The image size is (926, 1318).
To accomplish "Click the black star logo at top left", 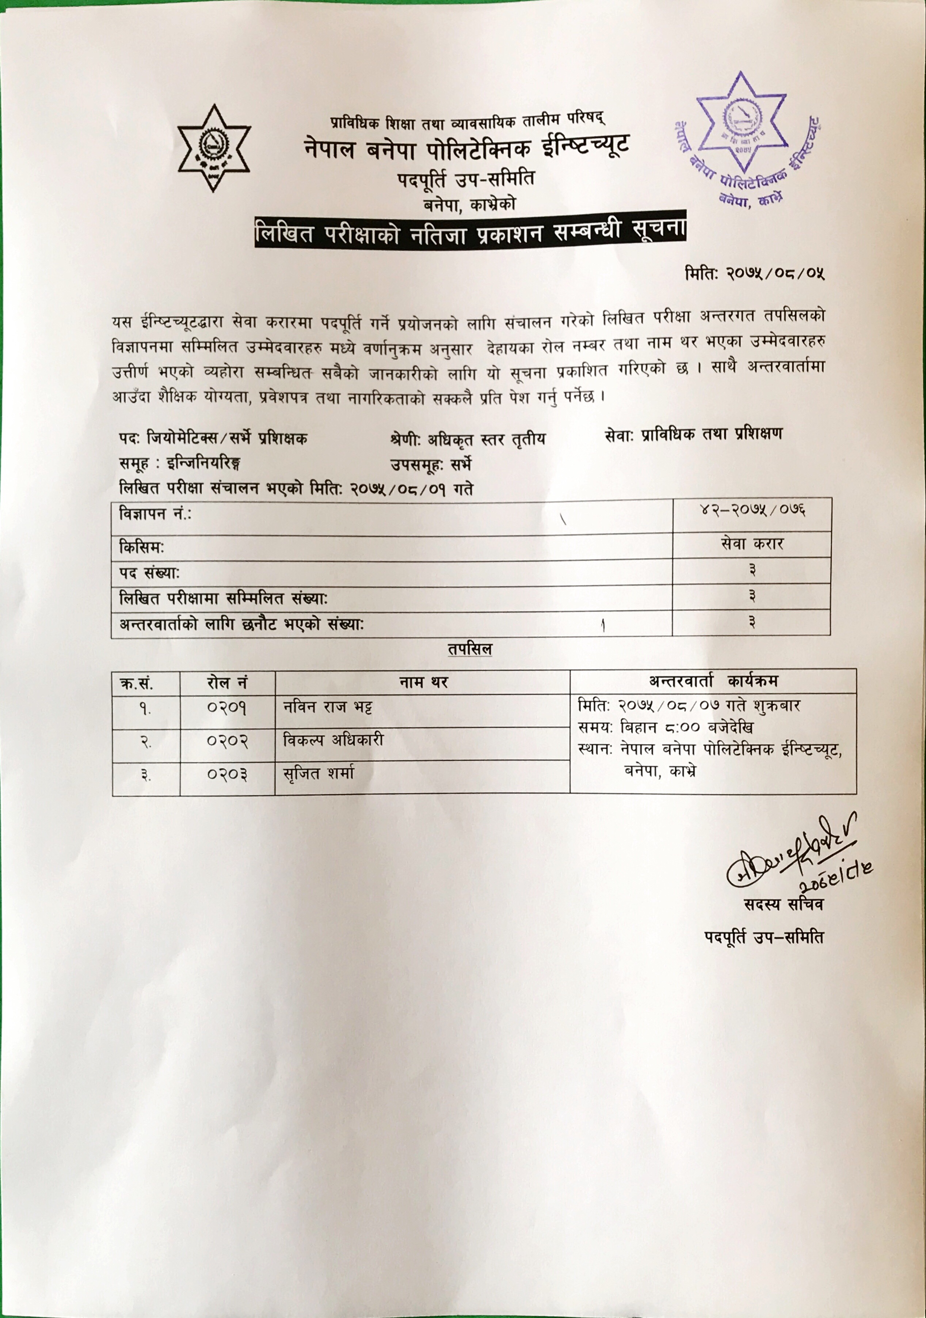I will coord(213,148).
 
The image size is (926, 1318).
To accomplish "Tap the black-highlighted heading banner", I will coord(470,232).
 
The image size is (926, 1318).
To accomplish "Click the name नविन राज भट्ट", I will coord(328,707).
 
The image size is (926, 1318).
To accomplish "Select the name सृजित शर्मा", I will coord(319,773).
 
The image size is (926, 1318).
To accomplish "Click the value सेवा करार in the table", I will coord(752,544).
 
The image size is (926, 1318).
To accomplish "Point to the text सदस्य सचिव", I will coord(783,905).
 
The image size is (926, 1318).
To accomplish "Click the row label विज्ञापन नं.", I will coord(155,514).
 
